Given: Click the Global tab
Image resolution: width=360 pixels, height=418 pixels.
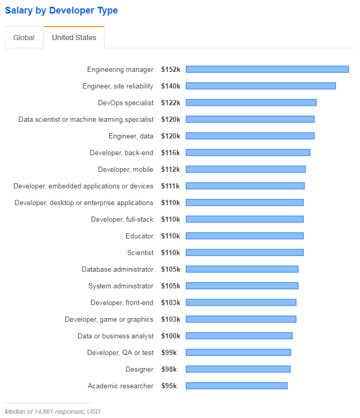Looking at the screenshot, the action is pyautogui.click(x=24, y=37).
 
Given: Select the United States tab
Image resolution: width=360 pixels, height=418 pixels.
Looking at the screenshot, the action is pyautogui.click(x=74, y=37).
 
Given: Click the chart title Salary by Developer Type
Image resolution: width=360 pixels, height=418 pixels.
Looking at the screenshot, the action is pyautogui.click(x=61, y=10).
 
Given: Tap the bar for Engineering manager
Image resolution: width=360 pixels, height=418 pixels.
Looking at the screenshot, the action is pyautogui.click(x=267, y=69).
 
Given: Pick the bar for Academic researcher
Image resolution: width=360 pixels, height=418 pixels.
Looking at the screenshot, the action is pyautogui.click(x=237, y=386).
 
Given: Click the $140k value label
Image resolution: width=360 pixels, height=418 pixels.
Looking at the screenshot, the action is pyautogui.click(x=171, y=86).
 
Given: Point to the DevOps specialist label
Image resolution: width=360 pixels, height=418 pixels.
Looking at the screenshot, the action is pyautogui.click(x=125, y=103).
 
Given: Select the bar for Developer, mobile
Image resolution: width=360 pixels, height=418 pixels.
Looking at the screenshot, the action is pyautogui.click(x=246, y=169).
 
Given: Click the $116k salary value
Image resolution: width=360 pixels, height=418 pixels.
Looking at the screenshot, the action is pyautogui.click(x=171, y=153).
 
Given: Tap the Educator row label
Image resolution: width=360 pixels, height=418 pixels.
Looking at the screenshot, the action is pyautogui.click(x=139, y=236).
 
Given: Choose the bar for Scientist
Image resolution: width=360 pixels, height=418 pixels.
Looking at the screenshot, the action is pyautogui.click(x=245, y=252).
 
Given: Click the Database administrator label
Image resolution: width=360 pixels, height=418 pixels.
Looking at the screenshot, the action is pyautogui.click(x=118, y=269).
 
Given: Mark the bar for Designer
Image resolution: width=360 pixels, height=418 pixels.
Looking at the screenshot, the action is pyautogui.click(x=238, y=369).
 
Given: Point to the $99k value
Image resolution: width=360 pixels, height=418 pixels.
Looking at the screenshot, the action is pyautogui.click(x=169, y=353).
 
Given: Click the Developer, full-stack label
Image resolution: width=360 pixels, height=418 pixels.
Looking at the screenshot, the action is pyautogui.click(x=122, y=219).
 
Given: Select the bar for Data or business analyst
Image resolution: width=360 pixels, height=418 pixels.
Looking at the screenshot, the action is pyautogui.click(x=239, y=336).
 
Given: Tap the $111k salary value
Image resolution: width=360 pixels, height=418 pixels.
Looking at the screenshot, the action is pyautogui.click(x=170, y=186).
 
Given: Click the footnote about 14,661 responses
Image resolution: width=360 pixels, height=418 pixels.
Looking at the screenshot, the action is pyautogui.click(x=53, y=412).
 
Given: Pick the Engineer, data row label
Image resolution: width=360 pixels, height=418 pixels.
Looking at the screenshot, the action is pyautogui.click(x=131, y=136).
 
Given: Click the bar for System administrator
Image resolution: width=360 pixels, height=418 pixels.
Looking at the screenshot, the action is pyautogui.click(x=242, y=286).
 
